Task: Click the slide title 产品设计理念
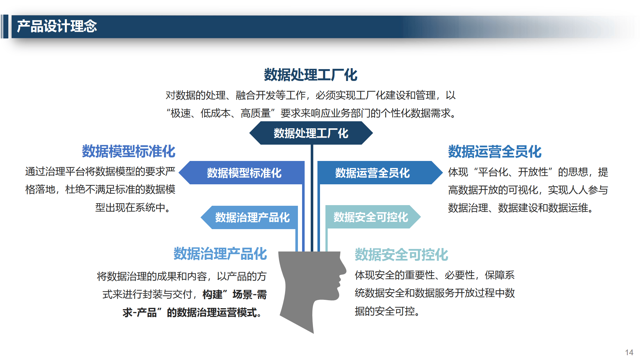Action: (x=57, y=26)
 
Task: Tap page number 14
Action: (x=629, y=352)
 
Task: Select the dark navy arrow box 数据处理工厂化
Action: (x=311, y=133)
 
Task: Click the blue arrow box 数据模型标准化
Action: (x=242, y=173)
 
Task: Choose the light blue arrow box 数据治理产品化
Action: (x=249, y=217)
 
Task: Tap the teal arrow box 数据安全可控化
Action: (x=373, y=217)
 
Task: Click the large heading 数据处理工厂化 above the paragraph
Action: (x=311, y=75)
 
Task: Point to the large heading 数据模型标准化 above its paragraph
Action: (x=129, y=151)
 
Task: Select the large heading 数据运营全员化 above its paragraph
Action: (x=495, y=152)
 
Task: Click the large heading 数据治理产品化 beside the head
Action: (x=220, y=254)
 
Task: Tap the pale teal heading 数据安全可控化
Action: (x=401, y=255)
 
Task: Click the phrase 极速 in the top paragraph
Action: (x=180, y=113)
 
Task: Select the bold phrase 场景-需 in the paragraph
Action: (x=250, y=294)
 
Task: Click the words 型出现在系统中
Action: (x=130, y=207)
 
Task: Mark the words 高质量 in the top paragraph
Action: (x=256, y=113)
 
